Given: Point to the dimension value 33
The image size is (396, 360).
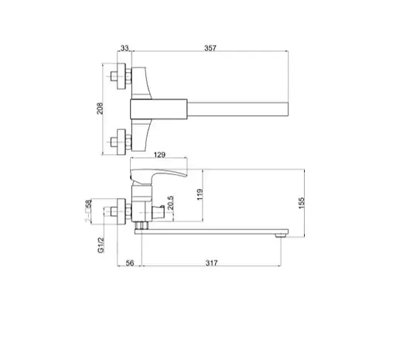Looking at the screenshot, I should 124,49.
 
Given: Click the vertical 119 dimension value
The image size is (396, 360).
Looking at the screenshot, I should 200,194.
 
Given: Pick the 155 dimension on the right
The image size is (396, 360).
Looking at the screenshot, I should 303,202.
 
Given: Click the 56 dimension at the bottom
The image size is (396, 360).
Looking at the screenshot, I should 129,263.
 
